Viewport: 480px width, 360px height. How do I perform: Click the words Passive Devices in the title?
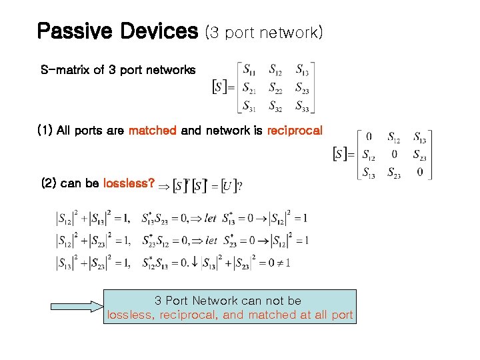(x=117, y=31)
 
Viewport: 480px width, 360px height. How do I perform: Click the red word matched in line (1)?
(x=152, y=131)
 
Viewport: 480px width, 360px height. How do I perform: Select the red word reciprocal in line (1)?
(x=294, y=131)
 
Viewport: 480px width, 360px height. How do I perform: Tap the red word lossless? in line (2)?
(x=129, y=183)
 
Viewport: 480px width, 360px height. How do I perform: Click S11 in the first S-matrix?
(x=249, y=69)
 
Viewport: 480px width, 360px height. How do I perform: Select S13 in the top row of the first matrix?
(x=302, y=69)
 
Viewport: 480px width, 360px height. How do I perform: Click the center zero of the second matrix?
(x=395, y=155)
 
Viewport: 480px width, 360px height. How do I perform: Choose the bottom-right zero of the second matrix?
(x=420, y=172)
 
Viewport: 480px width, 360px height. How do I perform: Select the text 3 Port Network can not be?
(x=228, y=301)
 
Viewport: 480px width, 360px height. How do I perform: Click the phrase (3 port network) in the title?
(x=264, y=32)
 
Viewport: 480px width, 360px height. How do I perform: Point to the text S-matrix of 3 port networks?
(x=118, y=70)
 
